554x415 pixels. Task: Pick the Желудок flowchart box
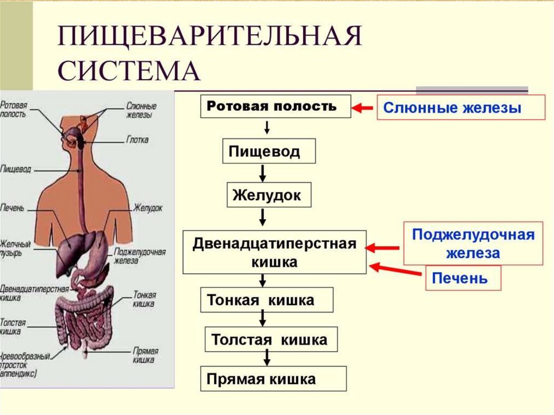tap(269, 195)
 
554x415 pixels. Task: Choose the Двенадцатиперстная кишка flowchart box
tap(274, 252)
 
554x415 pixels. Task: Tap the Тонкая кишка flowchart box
tap(267, 300)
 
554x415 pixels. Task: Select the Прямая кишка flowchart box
tap(273, 379)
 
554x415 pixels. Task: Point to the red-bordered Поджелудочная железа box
tap(473, 243)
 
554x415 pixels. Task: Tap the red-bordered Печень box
tap(463, 279)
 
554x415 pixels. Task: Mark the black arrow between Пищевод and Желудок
tap(262, 173)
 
